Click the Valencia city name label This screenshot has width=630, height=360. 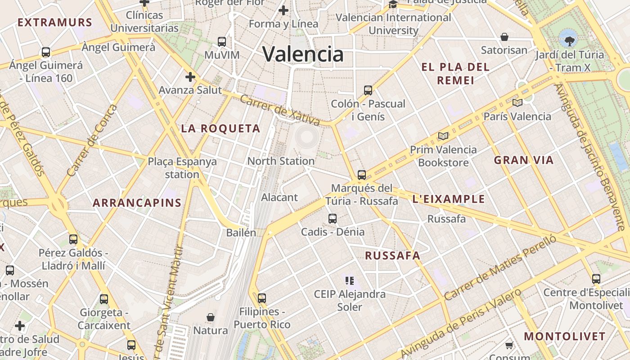pos(303,54)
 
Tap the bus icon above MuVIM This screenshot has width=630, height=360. pos(222,42)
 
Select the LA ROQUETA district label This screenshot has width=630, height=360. pos(220,129)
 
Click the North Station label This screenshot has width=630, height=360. pos(281,161)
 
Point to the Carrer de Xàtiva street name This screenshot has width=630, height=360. pos(280,110)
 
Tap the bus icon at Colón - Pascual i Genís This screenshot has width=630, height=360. pos(368,90)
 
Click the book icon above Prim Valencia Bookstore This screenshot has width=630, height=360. pos(443,136)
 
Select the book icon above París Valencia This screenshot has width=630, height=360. pos(517,103)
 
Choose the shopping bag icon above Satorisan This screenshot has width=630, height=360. pos(504,37)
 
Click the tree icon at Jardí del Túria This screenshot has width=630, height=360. pos(569,39)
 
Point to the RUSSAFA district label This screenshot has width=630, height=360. pos(392,256)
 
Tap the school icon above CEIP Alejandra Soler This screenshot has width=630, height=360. pos(350,281)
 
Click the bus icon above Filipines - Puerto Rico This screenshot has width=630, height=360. pos(262,298)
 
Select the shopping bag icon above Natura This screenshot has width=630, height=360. pos(210,317)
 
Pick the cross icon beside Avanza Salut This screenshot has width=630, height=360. pos(190,77)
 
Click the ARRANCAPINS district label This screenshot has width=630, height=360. pos(137,203)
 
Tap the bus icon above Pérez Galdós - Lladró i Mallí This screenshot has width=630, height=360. pos(73,239)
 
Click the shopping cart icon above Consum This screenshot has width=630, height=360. pos(509,346)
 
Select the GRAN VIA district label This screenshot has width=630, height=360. pos(524,160)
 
